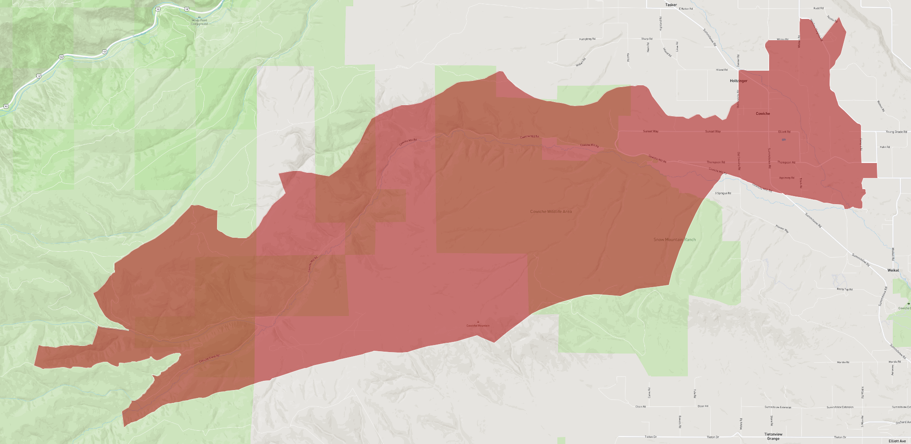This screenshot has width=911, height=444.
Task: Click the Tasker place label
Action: (x=671, y=5)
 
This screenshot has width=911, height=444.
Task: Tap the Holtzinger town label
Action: (x=739, y=81)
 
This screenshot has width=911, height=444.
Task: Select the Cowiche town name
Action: (x=762, y=114)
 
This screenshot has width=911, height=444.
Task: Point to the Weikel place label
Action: (x=893, y=270)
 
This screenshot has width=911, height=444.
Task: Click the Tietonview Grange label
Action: (x=773, y=436)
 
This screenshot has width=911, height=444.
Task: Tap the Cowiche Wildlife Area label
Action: (x=551, y=212)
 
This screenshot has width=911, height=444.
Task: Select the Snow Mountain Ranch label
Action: (x=675, y=240)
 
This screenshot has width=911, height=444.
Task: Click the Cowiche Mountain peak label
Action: (x=478, y=326)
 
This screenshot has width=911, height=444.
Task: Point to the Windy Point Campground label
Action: (x=199, y=22)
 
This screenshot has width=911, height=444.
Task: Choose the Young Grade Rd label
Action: (x=896, y=132)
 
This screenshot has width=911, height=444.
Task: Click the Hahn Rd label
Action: (x=884, y=147)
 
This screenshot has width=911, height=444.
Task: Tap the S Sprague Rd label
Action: (x=723, y=194)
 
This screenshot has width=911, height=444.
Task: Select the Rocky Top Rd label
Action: (x=845, y=289)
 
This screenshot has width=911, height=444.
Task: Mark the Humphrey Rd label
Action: (x=587, y=39)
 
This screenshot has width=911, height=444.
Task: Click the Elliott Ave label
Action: (x=897, y=440)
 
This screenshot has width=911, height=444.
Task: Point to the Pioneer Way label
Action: (x=782, y=228)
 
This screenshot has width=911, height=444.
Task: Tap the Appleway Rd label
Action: (x=786, y=178)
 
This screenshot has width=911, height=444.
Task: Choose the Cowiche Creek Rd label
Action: (x=209, y=358)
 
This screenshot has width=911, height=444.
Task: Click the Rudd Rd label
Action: (x=819, y=8)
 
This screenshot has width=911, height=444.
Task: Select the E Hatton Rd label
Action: (x=686, y=9)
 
